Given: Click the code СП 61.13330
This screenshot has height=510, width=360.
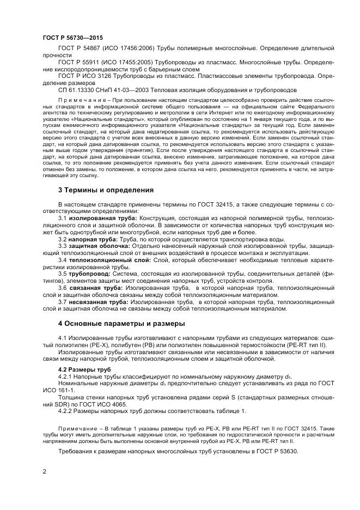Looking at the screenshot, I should click(76, 90).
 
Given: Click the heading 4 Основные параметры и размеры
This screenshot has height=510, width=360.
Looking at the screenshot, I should click(121, 323).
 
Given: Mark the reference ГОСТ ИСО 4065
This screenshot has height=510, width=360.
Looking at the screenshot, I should click(104, 404).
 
